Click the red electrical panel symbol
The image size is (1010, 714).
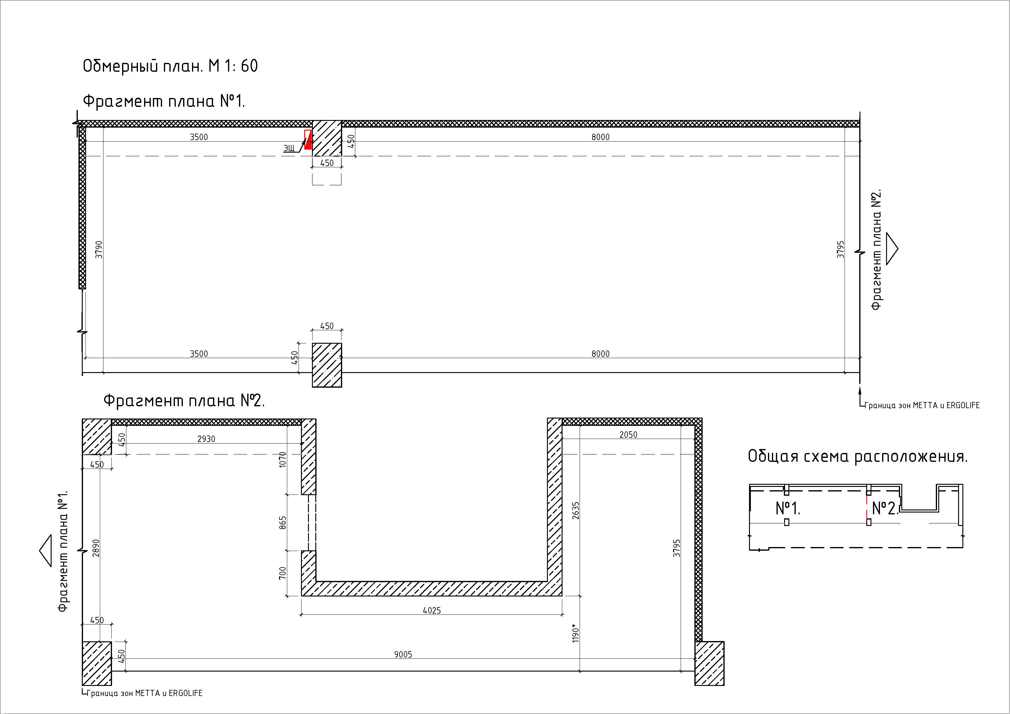308,140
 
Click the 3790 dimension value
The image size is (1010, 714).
99,249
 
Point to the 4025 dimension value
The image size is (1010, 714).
432,610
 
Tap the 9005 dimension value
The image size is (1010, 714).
403,654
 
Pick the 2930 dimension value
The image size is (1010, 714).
206,439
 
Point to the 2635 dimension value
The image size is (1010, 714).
576,510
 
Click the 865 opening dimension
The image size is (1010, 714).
283,523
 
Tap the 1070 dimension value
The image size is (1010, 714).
283,459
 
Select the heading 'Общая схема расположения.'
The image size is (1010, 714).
857,457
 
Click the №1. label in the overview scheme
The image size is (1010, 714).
788,508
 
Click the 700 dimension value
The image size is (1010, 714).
283,572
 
